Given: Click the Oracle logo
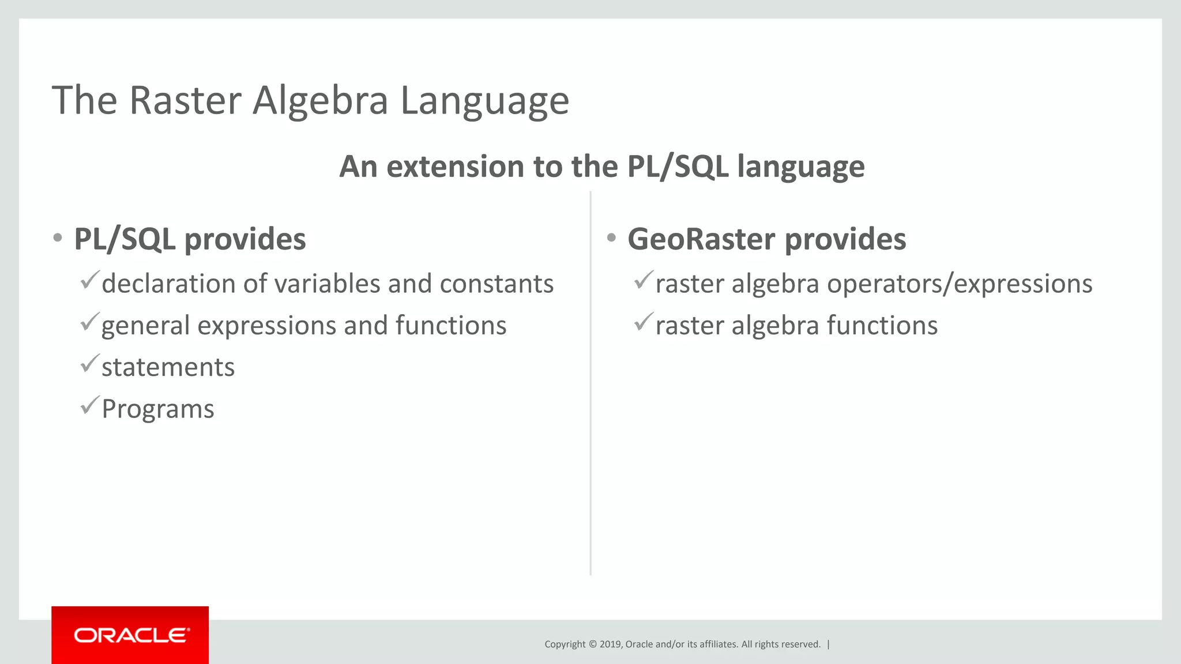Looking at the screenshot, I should pos(130,635).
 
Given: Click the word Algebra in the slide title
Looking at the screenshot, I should pos(321,101).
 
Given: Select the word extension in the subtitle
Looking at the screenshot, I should pos(455,167).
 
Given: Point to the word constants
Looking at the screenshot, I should pos(497,284).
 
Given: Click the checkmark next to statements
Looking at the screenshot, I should pos(90,364).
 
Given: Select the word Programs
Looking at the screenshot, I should pos(157,409).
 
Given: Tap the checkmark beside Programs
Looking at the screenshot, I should pos(90,405).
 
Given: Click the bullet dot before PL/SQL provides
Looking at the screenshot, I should pos(57,238).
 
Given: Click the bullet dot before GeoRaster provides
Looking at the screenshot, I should pos(611,238).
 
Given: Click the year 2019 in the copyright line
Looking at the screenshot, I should pos(610,644).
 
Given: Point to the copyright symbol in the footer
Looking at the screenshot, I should pos(592,644).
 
